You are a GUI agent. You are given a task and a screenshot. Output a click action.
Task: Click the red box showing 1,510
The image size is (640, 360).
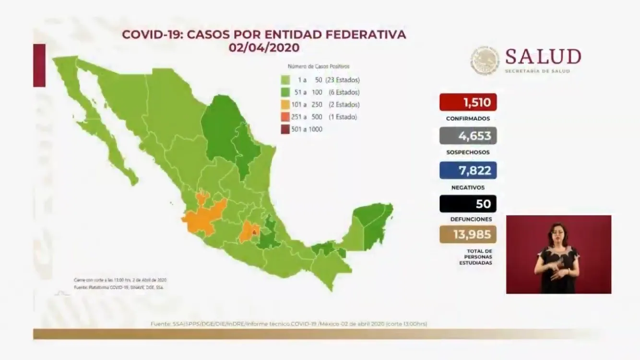[468, 102]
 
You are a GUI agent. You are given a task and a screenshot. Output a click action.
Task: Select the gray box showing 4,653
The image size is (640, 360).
[468, 136]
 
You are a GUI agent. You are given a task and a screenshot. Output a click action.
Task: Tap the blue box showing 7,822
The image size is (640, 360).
[468, 170]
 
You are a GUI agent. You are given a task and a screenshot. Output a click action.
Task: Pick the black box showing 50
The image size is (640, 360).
[468, 204]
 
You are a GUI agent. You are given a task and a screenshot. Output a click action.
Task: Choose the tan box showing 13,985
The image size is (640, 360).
[468, 234]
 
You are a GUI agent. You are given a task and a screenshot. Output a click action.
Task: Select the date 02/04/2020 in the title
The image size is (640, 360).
[264, 48]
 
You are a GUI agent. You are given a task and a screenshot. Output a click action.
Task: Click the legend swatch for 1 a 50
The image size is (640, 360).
[285, 80]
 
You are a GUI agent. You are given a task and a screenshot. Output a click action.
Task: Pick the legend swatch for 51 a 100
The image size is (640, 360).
[285, 92]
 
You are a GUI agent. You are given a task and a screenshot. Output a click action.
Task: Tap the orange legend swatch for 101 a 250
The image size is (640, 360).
[285, 105]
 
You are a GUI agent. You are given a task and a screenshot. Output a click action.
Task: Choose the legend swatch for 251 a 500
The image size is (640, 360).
[285, 117]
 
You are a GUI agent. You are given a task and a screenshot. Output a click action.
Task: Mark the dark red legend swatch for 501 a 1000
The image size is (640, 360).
[285, 129]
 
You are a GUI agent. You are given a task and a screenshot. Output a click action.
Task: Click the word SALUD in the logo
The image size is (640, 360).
[543, 57]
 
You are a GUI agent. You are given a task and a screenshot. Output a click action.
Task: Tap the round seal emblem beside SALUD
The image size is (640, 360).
[485, 60]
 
